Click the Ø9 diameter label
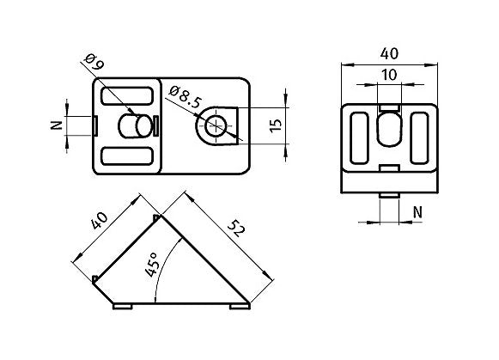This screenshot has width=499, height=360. coord(94,64)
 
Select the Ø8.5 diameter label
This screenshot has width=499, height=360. coord(185,96)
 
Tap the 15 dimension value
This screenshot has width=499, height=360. coord(276,125)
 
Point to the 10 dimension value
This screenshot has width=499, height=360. coord(389,76)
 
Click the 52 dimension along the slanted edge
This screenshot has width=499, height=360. coord(234,229)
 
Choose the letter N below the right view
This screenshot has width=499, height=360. coord(417,211)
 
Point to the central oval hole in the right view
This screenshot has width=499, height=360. coord(389,130)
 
